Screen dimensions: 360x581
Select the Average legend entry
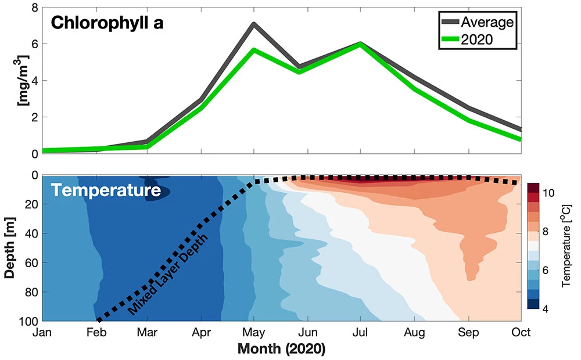pyautogui.click(x=487, y=22)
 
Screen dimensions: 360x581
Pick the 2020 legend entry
pyautogui.click(x=476, y=39)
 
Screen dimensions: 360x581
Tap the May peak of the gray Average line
pyautogui.click(x=254, y=24)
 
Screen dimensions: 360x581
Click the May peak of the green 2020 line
pyautogui.click(x=254, y=50)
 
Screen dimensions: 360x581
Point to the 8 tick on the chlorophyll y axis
pyautogui.click(x=34, y=8)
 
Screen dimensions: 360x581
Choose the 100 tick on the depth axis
pyautogui.click(x=29, y=321)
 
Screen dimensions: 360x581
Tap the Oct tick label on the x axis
pyautogui.click(x=520, y=333)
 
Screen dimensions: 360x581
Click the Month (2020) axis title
pyautogui.click(x=282, y=350)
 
